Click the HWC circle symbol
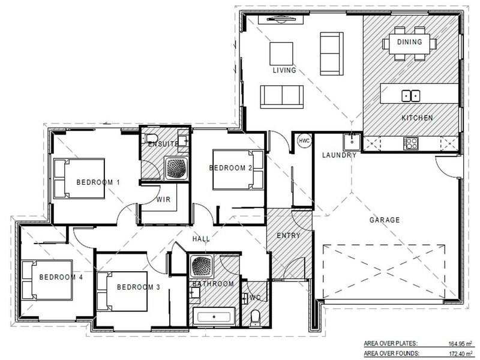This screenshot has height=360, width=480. (304, 141)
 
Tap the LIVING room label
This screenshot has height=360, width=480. (284, 70)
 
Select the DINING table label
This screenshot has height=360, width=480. (409, 41)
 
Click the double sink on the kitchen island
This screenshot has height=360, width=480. (410, 95)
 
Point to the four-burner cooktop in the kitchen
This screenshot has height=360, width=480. (411, 143)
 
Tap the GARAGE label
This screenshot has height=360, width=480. (385, 220)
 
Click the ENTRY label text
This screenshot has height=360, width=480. (289, 235)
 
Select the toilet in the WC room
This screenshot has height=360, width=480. (254, 317)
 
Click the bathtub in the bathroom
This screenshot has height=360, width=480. (214, 317)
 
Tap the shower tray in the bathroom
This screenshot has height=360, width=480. (201, 265)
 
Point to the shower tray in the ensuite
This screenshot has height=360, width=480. (176, 169)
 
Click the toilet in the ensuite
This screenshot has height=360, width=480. (151, 138)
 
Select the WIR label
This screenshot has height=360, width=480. (163, 199)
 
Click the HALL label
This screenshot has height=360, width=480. (201, 239)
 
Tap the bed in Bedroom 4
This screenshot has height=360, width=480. (47, 280)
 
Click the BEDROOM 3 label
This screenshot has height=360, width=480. (139, 287)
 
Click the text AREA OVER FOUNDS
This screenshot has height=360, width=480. (392, 353)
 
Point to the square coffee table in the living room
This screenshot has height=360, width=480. (281, 54)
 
